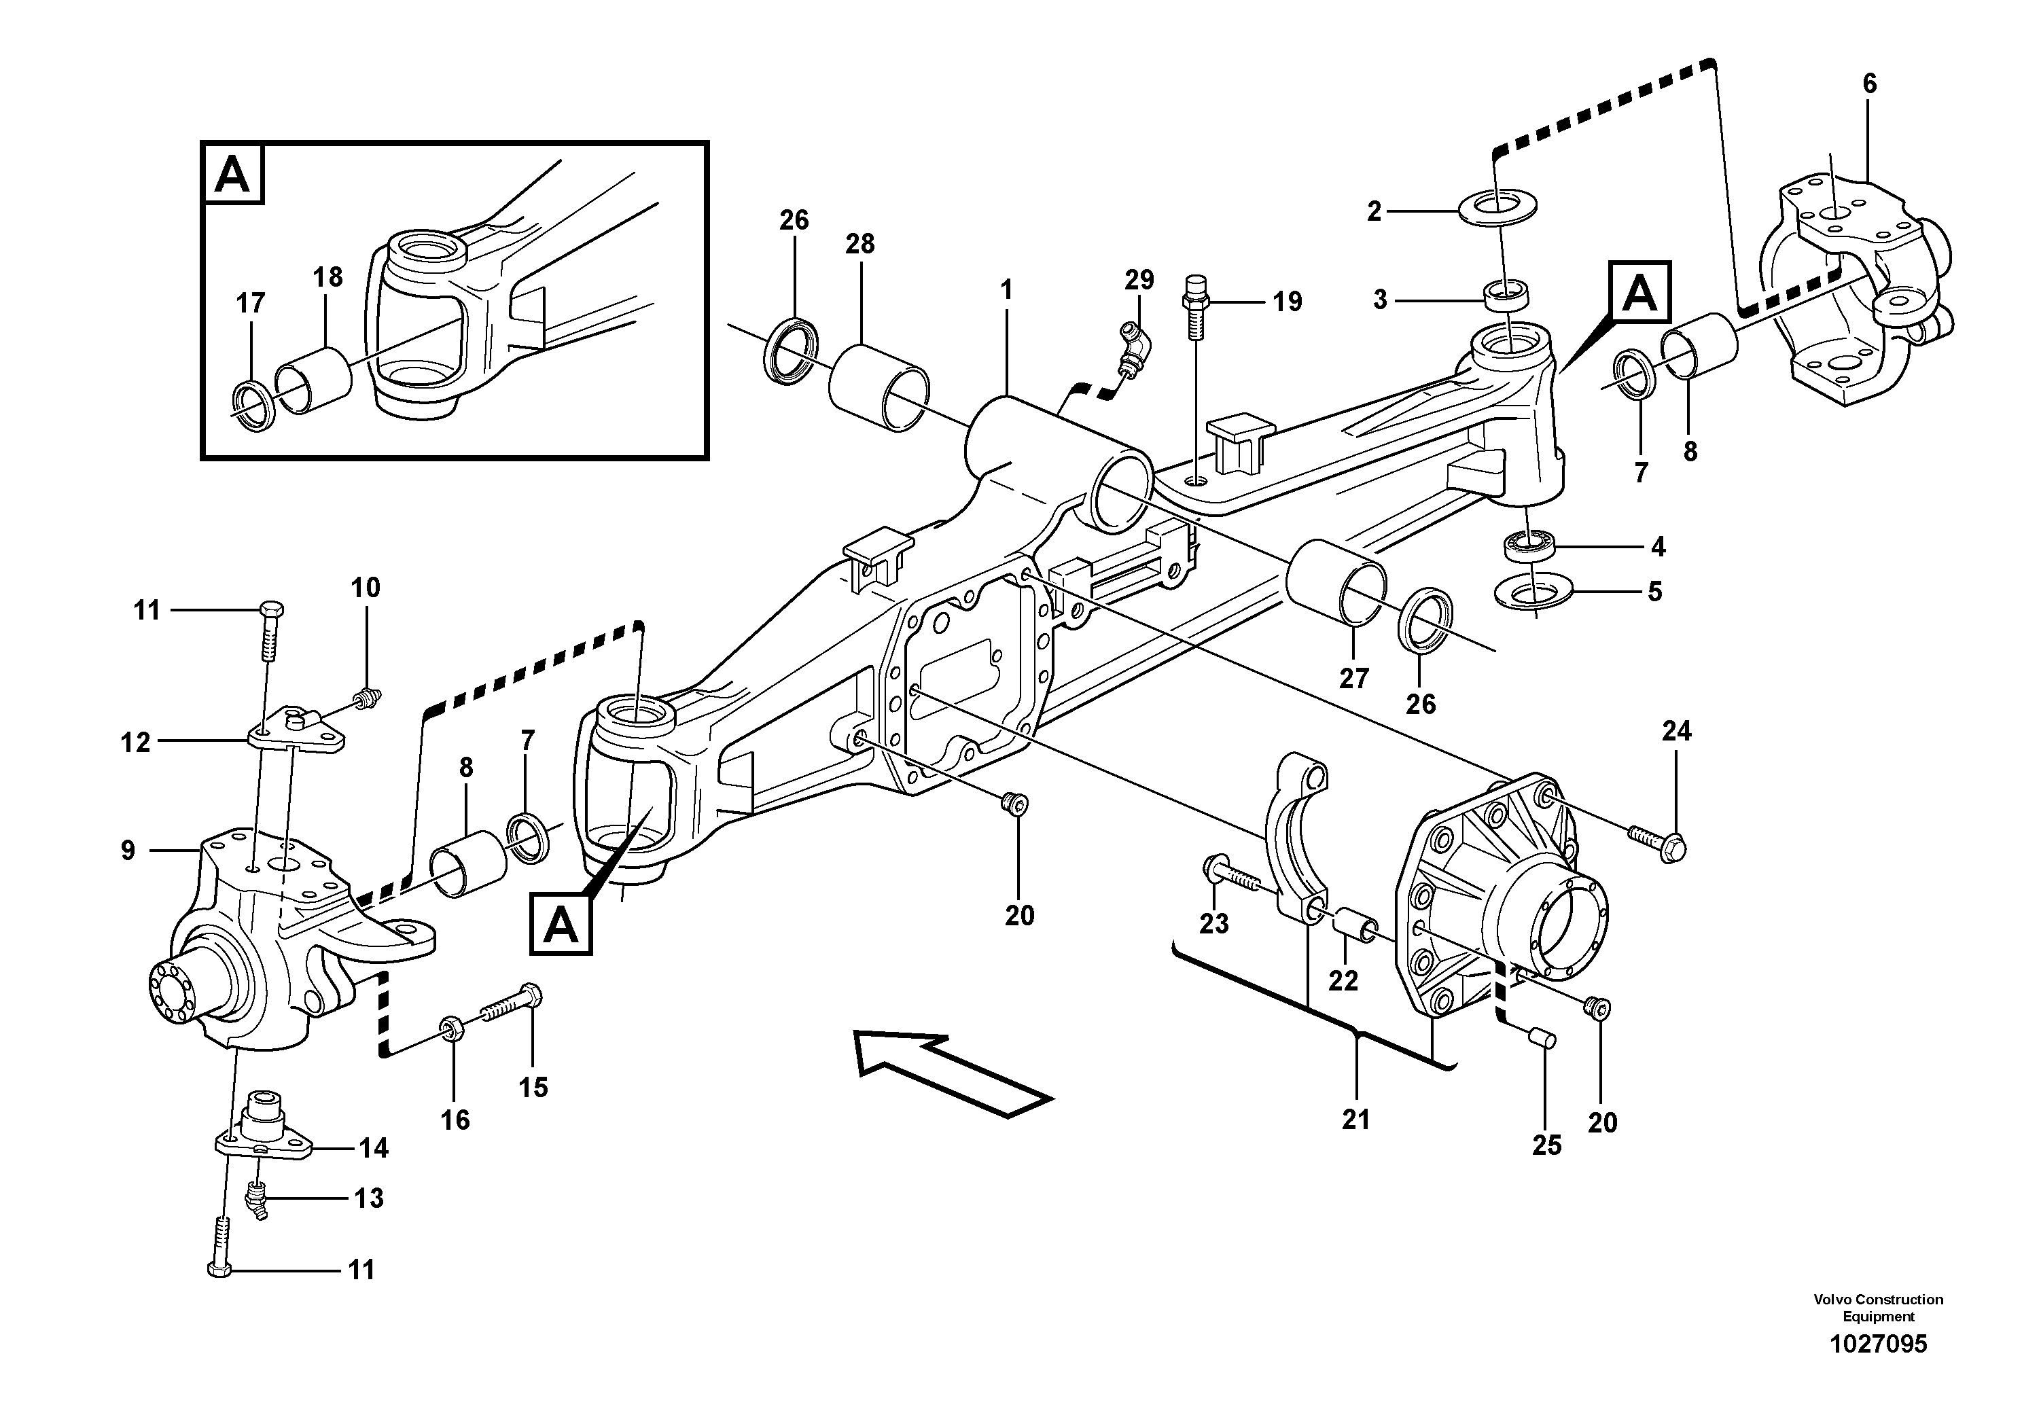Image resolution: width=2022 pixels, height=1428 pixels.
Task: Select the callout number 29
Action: tap(1139, 280)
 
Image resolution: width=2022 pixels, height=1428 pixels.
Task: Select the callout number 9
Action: tap(128, 851)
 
